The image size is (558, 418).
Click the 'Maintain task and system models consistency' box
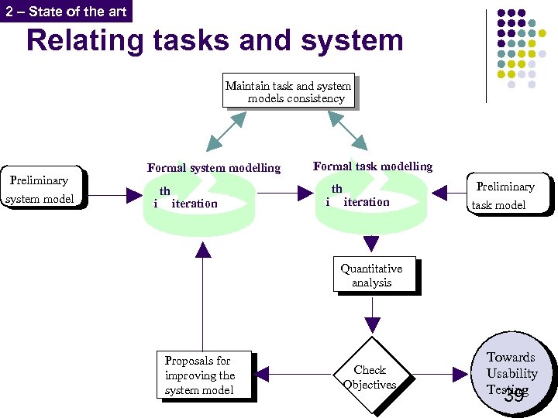(288, 92)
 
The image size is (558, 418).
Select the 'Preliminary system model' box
(42, 190)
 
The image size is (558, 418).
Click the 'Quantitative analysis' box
(374, 276)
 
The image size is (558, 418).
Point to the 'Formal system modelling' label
(214, 167)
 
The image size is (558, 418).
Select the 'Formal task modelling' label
(373, 166)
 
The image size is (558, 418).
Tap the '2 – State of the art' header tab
(65, 11)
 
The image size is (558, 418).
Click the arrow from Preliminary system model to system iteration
(117, 196)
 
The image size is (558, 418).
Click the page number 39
(513, 396)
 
